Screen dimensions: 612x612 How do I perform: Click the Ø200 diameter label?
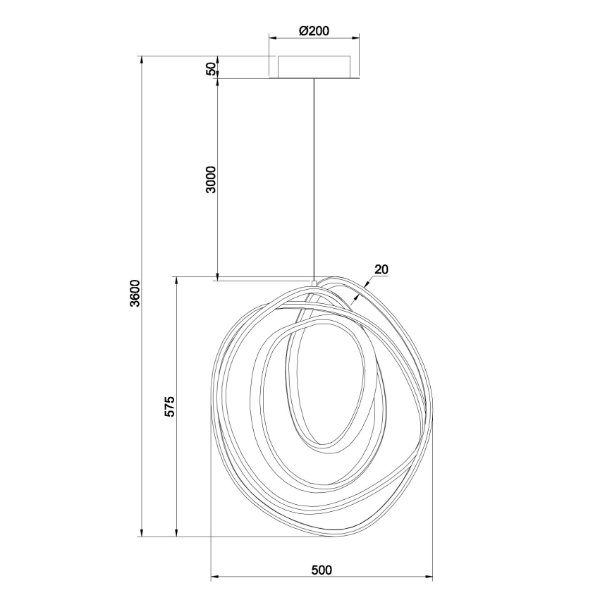tap(314, 31)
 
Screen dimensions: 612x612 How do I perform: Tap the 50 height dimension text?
tap(210, 68)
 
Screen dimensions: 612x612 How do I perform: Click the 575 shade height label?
tap(169, 407)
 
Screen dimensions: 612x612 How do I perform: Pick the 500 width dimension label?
tap(321, 570)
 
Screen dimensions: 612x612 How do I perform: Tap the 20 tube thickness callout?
tap(381, 269)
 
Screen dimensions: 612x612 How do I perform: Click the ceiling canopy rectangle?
tap(314, 67)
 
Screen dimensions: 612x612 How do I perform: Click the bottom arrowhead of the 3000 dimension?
tap(217, 275)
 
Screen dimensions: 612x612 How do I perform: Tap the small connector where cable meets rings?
tap(314, 283)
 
